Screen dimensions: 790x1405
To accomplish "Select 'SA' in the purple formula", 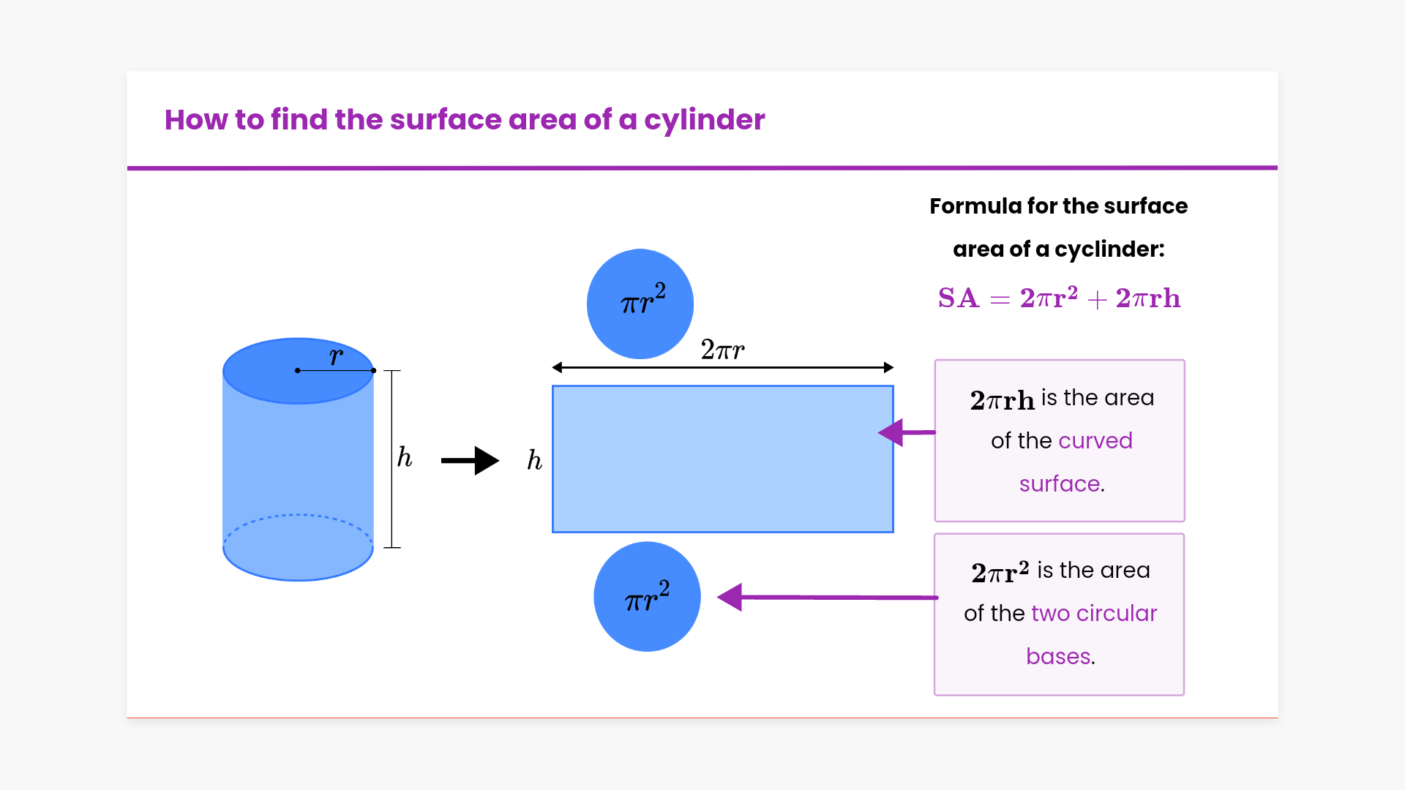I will point(958,298).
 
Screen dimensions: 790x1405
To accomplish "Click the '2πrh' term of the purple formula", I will point(1147,298).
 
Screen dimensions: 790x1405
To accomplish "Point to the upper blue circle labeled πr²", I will point(640,304).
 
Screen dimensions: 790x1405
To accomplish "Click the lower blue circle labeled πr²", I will point(647,597).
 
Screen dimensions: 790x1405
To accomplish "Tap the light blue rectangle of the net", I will point(722,459).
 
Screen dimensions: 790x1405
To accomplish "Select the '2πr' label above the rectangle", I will point(722,350).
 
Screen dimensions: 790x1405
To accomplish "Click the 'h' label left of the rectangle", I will point(535,460).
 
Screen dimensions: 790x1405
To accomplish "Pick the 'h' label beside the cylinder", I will point(405,457).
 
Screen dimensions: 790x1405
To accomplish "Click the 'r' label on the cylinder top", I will point(336,357).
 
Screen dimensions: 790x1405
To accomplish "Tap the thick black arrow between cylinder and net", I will point(470,461).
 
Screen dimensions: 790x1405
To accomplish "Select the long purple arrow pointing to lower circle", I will point(827,597).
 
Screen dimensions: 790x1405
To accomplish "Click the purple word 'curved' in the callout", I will point(1095,440).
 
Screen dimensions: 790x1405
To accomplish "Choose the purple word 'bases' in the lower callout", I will point(1058,656).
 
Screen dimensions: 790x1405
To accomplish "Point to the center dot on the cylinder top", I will point(298,371).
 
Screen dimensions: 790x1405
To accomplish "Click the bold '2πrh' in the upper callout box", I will point(1002,399).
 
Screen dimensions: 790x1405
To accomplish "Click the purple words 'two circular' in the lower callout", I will point(1094,613).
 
